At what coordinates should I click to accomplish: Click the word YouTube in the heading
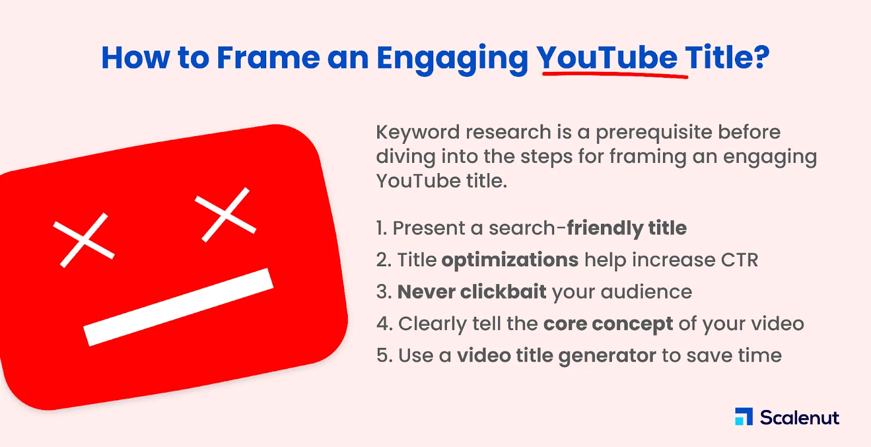(606, 57)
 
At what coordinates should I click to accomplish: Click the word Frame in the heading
(268, 57)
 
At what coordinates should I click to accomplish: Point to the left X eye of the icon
(84, 240)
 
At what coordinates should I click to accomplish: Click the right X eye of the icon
(225, 215)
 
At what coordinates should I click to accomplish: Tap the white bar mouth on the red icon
(179, 307)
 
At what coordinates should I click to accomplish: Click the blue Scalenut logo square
(744, 417)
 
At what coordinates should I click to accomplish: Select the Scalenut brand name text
(799, 418)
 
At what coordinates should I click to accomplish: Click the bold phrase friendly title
(627, 228)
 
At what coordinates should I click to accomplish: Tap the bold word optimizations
(510, 260)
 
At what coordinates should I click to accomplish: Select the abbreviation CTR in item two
(739, 260)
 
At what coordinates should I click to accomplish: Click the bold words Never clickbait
(471, 292)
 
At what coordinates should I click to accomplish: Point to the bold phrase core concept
(608, 323)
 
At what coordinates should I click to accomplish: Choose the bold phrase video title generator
(556, 356)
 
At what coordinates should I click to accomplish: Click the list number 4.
(383, 324)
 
